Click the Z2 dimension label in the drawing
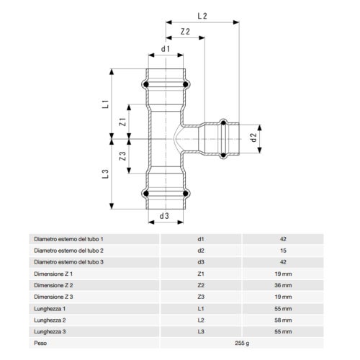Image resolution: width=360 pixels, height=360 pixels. [185, 32]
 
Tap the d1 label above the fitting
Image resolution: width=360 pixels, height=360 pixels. [165, 49]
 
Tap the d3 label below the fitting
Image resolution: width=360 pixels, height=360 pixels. [165, 215]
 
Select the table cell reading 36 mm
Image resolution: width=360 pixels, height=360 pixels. [282, 285]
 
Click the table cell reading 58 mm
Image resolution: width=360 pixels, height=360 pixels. [282, 320]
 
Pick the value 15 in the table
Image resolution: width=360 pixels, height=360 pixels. [282, 250]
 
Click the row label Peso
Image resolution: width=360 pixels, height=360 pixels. [41, 343]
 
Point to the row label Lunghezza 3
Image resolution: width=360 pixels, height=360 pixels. [50, 331]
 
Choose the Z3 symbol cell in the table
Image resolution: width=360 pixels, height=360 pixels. [201, 297]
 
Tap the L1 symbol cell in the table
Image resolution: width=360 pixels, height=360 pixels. [201, 308]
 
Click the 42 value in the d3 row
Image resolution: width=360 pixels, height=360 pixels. [282, 261]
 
